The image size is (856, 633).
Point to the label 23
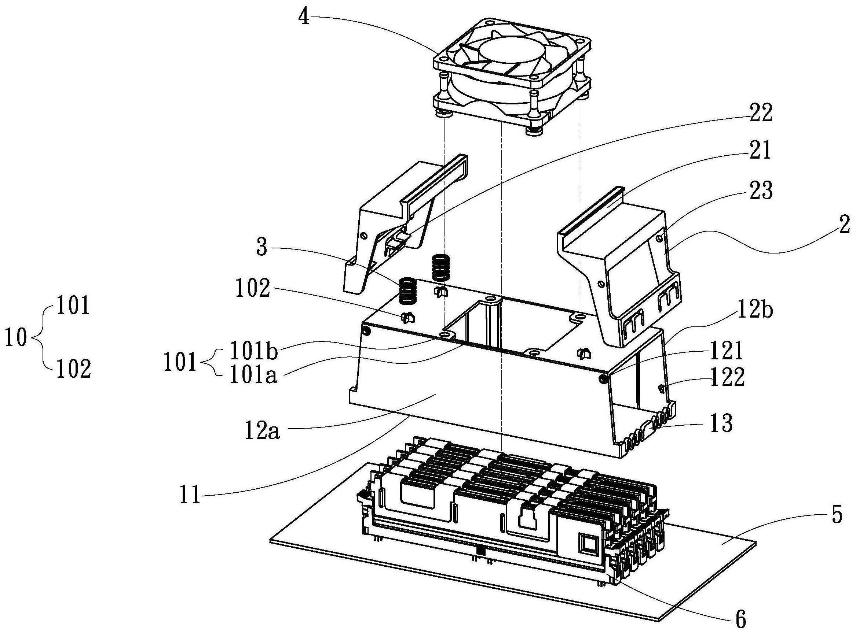click(x=760, y=191)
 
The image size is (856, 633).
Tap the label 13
click(x=722, y=424)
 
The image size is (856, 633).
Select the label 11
click(x=191, y=495)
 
